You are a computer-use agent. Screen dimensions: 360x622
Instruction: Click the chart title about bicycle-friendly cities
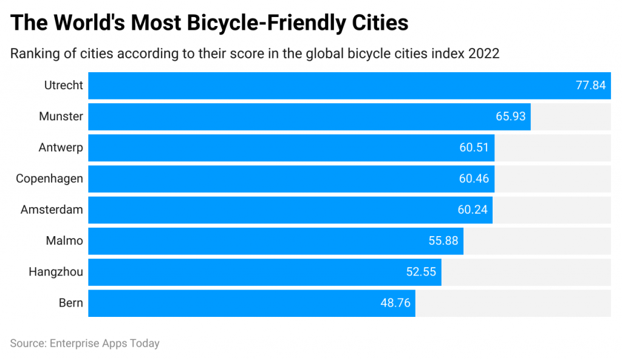[210, 23]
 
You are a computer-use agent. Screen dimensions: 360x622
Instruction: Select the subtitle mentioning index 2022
[255, 53]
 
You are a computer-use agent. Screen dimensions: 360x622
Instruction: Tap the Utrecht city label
[63, 86]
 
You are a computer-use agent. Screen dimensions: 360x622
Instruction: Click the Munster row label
[61, 117]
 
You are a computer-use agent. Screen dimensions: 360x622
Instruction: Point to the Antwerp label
[61, 148]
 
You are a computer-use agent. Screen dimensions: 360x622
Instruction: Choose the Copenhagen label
[49, 178]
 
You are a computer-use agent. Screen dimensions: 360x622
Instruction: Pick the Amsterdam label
[52, 209]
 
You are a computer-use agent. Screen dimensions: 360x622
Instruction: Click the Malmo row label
[64, 241]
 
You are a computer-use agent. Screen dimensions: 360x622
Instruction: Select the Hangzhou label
[56, 272]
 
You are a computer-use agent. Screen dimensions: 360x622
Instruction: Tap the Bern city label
[71, 303]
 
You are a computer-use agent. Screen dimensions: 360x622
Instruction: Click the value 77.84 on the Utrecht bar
[590, 86]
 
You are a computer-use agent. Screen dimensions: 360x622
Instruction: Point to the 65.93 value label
[510, 117]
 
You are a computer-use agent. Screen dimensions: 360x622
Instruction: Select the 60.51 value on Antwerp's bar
[474, 148]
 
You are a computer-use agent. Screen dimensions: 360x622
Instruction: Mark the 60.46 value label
[474, 178]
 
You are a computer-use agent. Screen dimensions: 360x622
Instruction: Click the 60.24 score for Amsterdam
[472, 209]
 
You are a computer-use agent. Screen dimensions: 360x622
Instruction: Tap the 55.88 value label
[443, 241]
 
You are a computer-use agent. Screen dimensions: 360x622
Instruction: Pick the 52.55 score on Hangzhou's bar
[421, 272]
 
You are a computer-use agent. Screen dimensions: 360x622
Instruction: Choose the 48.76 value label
[395, 303]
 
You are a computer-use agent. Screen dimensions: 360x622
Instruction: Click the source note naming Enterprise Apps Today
[84, 344]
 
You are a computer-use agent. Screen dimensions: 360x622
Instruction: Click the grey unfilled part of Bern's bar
[513, 303]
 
